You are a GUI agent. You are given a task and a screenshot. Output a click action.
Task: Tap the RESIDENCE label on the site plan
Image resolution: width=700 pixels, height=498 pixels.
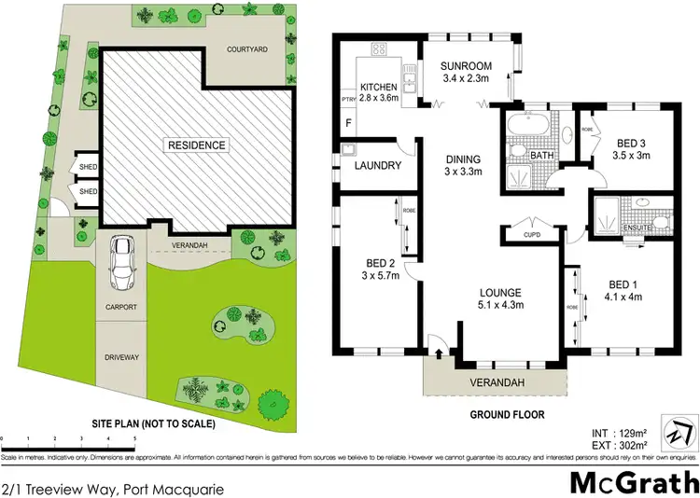point(196,145)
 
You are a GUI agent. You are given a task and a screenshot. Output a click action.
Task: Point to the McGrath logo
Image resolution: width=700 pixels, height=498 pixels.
point(634,457)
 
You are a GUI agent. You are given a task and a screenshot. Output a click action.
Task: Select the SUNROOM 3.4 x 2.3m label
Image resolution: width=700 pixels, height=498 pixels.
point(469,73)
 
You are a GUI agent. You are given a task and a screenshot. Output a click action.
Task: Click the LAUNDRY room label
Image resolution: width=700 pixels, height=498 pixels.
point(378,166)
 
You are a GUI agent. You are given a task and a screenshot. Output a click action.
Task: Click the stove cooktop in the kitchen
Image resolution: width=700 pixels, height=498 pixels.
point(380,49)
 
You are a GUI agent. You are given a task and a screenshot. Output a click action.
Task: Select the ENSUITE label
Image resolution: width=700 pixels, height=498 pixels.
point(637,228)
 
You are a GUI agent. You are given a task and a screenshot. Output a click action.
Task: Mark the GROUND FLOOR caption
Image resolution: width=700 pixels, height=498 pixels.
point(506,414)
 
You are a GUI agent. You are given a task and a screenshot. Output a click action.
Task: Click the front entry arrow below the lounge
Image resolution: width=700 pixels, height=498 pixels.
point(439,353)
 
